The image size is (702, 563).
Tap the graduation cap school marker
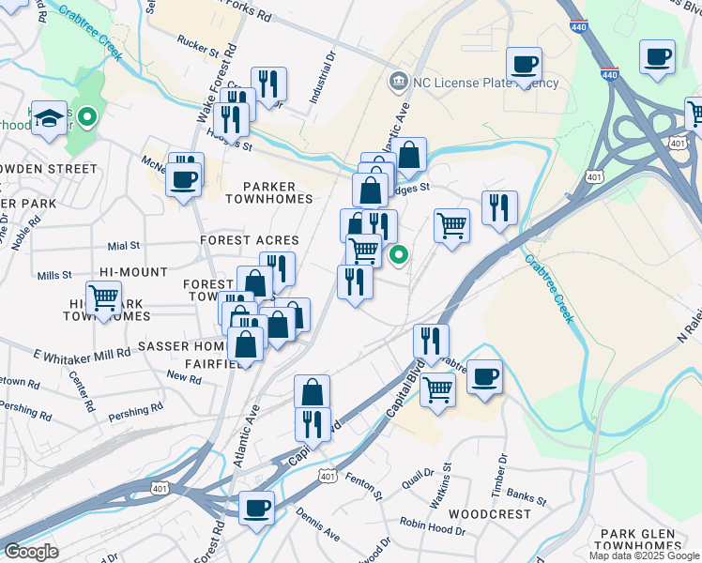tap(49, 117)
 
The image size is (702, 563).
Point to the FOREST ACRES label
tap(249, 240)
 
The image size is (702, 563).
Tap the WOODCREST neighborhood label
tap(483, 515)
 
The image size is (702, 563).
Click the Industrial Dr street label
tap(329, 71)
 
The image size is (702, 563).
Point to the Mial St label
tap(123, 246)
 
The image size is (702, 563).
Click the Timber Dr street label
tap(503, 471)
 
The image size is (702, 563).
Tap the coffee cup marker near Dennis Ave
tap(256, 510)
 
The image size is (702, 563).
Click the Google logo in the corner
tap(31, 551)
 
